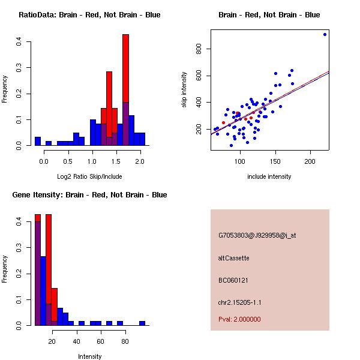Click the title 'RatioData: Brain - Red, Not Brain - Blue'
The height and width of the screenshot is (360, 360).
click(x=89, y=15)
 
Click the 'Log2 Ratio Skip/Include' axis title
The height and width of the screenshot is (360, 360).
click(x=89, y=176)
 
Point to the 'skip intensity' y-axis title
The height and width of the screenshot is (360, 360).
click(x=185, y=90)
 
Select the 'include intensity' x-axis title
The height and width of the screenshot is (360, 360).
click(x=269, y=176)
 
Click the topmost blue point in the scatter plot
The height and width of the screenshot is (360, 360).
click(x=325, y=34)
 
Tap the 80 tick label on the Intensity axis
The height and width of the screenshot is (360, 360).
click(x=125, y=340)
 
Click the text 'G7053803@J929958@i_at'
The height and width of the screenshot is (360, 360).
click(x=257, y=235)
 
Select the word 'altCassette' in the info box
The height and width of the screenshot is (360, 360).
click(x=233, y=258)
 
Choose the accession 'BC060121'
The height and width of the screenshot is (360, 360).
click(x=233, y=280)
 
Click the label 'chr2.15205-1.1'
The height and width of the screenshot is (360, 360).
click(x=239, y=302)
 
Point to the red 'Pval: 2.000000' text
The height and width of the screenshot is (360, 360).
click(x=239, y=319)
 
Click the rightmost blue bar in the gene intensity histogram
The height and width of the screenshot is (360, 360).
click(x=142, y=323)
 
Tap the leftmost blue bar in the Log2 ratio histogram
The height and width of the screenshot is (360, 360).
click(x=37, y=142)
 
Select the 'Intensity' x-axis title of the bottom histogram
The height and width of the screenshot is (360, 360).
click(x=89, y=356)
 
